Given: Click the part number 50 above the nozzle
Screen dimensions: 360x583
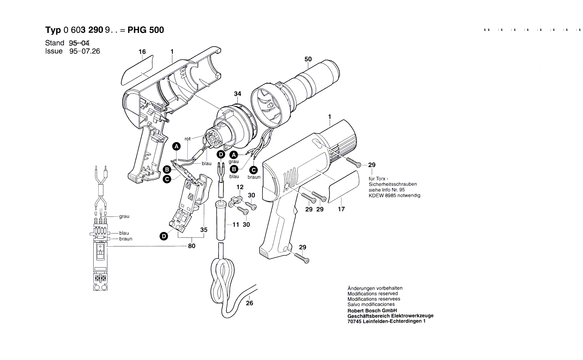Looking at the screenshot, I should click(308, 59).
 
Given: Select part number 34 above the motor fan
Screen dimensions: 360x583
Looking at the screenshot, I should click(237, 94).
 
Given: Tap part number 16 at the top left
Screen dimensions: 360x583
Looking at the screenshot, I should click(142, 52).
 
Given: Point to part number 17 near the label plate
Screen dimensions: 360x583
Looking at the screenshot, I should click(341, 209).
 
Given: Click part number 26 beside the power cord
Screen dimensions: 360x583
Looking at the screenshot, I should click(249, 303).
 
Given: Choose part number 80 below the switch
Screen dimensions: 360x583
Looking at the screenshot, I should click(192, 246).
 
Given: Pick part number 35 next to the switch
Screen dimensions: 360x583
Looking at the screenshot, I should click(204, 230).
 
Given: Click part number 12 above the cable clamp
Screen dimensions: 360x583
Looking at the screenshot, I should click(240, 187).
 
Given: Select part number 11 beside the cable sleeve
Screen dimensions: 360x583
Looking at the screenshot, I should click(236, 225).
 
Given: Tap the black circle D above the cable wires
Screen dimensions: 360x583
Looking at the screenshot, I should click(221, 155).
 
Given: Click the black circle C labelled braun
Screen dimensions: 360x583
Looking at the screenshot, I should click(254, 170).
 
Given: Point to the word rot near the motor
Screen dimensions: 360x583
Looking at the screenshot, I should click(187, 139).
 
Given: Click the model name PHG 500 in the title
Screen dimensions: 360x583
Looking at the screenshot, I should click(146, 30).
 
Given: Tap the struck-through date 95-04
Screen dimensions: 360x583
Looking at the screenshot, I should click(79, 43).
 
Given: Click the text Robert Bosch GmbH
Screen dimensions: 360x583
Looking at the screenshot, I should click(372, 310).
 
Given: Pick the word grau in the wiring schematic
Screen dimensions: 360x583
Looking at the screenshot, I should click(124, 217).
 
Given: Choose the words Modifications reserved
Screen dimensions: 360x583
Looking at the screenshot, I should click(373, 294).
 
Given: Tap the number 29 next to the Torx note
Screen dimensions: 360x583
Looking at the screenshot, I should click(372, 165).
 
